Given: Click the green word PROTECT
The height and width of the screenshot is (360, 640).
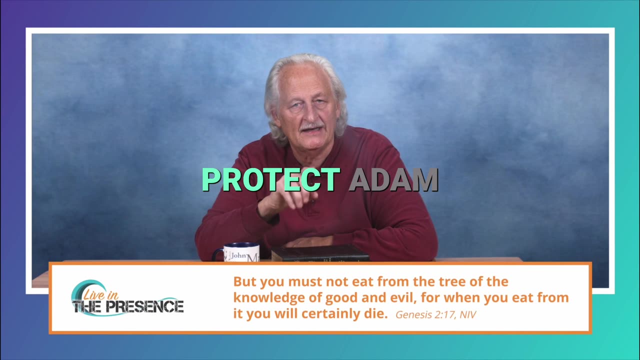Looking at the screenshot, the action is click(271, 179).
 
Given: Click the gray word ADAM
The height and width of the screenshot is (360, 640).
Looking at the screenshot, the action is click(393, 180).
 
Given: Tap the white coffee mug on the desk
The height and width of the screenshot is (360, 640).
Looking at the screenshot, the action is click(238, 252).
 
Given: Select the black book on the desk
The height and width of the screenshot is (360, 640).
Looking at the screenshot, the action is click(320, 253).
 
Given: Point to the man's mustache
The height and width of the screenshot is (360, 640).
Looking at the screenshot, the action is click(311, 126).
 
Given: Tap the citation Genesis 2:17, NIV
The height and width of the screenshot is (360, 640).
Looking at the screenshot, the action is click(435, 314).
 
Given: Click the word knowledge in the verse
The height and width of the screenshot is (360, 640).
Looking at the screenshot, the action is click(268, 298).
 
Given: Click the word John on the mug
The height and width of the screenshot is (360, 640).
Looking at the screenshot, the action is click(238, 255).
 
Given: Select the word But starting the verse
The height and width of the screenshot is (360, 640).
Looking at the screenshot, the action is click(245, 281).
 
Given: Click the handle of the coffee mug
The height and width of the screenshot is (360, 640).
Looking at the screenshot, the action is click(217, 254).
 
